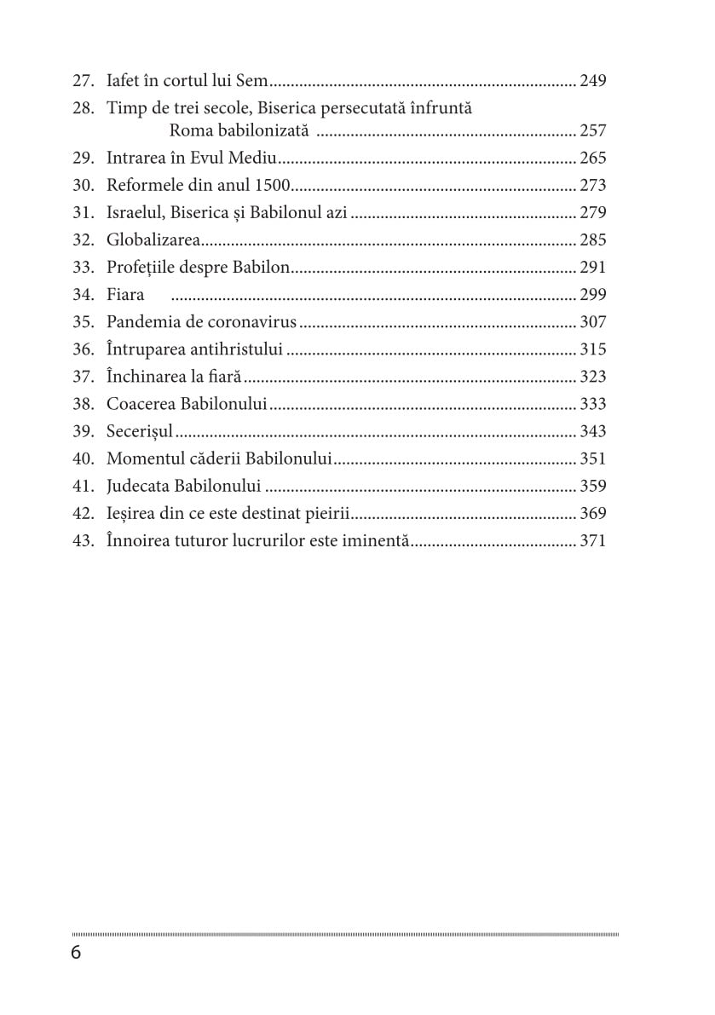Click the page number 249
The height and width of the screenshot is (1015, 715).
click(x=592, y=82)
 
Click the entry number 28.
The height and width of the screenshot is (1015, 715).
click(x=83, y=109)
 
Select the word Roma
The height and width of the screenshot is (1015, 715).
click(x=188, y=130)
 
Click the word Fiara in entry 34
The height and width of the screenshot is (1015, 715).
click(x=125, y=294)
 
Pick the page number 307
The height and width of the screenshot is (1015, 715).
click(x=592, y=321)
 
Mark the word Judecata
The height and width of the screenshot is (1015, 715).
click(x=138, y=486)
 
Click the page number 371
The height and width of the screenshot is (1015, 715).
click(x=592, y=540)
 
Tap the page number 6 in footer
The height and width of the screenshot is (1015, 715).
click(x=76, y=953)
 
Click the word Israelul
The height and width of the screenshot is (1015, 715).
click(x=136, y=212)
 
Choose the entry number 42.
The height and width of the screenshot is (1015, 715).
click(x=83, y=513)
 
